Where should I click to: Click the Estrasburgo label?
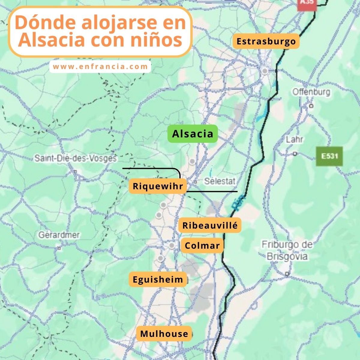tap(266, 41)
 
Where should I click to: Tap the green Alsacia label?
tap(193, 134)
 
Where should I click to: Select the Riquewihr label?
tap(158, 186)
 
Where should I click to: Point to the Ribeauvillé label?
tap(210, 225)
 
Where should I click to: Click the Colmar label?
tap(202, 246)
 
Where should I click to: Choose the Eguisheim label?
tap(158, 280)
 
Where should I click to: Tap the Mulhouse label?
tap(164, 334)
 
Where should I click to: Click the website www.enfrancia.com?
tap(100, 67)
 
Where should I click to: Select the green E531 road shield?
tap(329, 156)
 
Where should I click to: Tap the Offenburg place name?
tap(311, 92)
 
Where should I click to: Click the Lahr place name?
tap(295, 139)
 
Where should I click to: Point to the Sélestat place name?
tap(220, 181)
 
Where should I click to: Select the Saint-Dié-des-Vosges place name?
tap(76, 158)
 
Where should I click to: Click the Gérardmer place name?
tap(59, 235)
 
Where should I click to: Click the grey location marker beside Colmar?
tap(172, 246)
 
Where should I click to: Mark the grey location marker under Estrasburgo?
tap(265, 71)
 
